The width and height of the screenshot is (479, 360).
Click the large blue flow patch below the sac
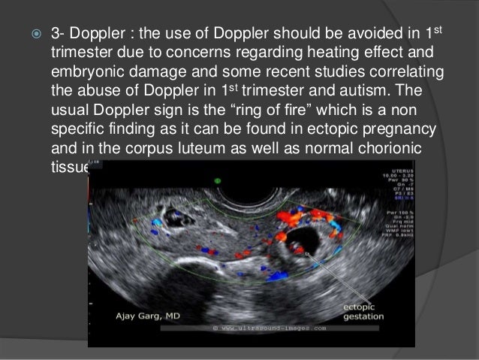(277, 275)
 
